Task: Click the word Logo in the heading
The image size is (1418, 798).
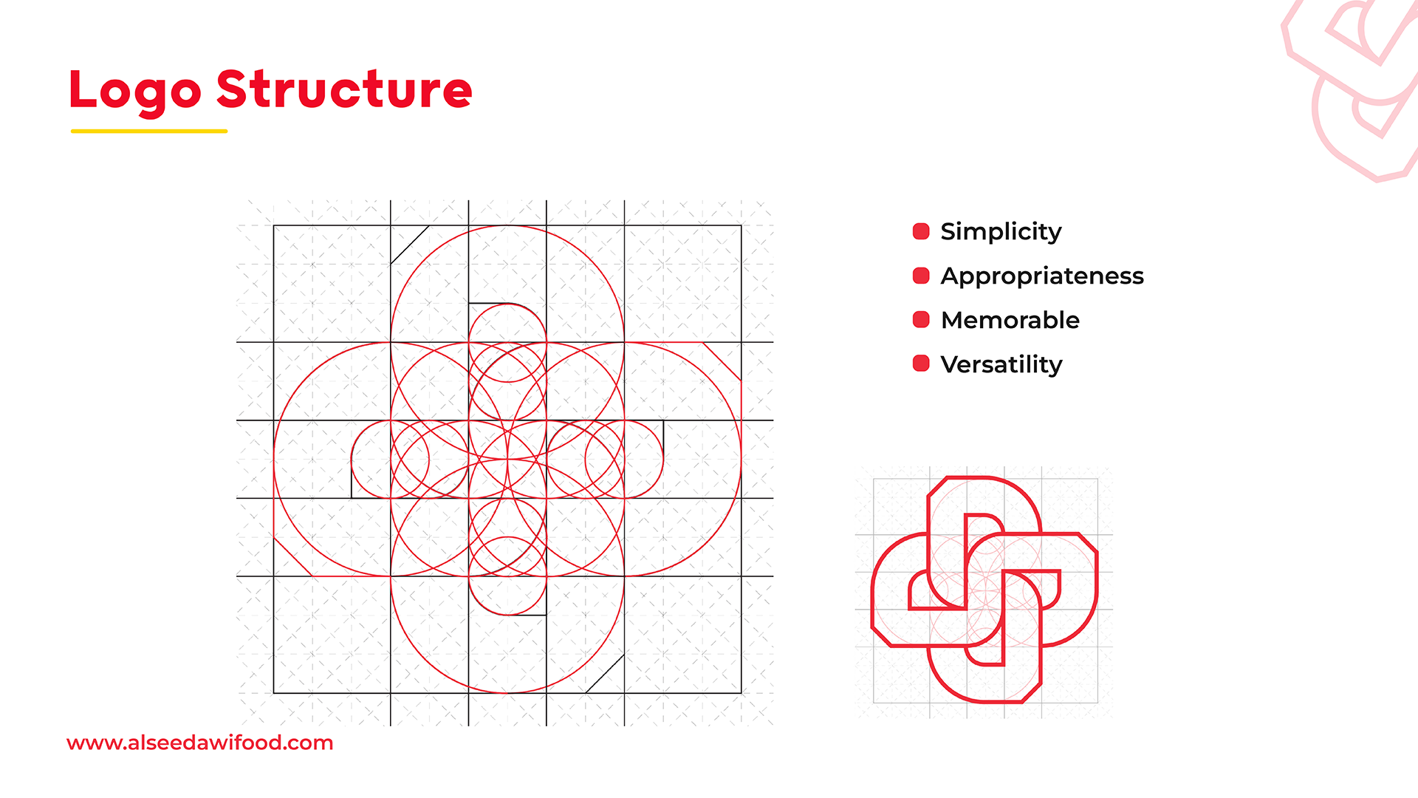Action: coord(135,92)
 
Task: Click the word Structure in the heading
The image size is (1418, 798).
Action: coord(344,89)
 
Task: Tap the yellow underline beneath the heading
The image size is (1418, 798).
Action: coord(149,131)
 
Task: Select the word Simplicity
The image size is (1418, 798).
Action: coord(1001,232)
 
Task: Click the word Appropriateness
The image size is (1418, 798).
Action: coord(1042,276)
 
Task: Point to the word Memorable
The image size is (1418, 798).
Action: coord(1010,320)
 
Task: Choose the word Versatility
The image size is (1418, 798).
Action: coord(1001,364)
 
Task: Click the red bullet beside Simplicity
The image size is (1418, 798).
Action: coord(921,231)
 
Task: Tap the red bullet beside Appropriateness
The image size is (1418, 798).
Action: coord(921,276)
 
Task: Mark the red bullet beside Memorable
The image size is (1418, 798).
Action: coord(921,319)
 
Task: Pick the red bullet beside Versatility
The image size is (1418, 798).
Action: coord(921,363)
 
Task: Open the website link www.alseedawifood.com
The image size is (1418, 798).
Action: coord(199,743)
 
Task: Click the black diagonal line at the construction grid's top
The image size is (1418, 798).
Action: coord(410,245)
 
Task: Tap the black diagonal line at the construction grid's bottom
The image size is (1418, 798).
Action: coord(605,674)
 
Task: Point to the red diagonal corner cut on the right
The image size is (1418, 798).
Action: coord(722,361)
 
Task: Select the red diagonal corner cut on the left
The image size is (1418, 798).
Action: coord(293,556)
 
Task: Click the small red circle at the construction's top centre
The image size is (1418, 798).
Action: coord(507,342)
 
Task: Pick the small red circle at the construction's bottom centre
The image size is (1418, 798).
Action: coord(507,576)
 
